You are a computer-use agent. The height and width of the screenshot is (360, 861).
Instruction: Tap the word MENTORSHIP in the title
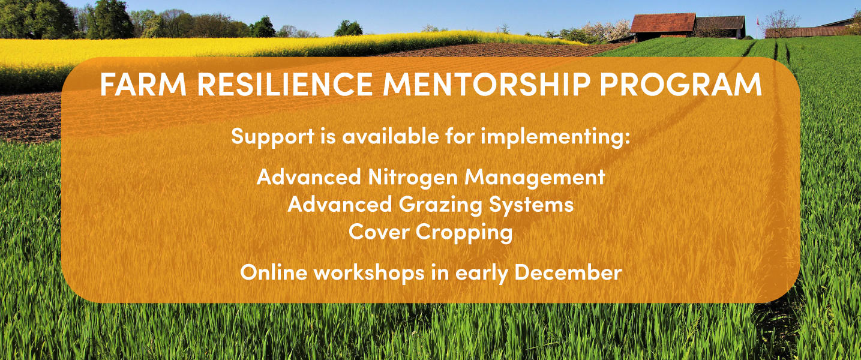pos(487,85)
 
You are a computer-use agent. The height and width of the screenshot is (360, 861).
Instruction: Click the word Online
pos(274,272)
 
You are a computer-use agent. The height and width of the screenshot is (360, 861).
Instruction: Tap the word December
pos(568,272)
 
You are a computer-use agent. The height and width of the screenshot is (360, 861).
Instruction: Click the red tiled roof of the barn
pos(662,23)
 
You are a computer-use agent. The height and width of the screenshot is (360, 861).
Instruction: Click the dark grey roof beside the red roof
pos(720,23)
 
